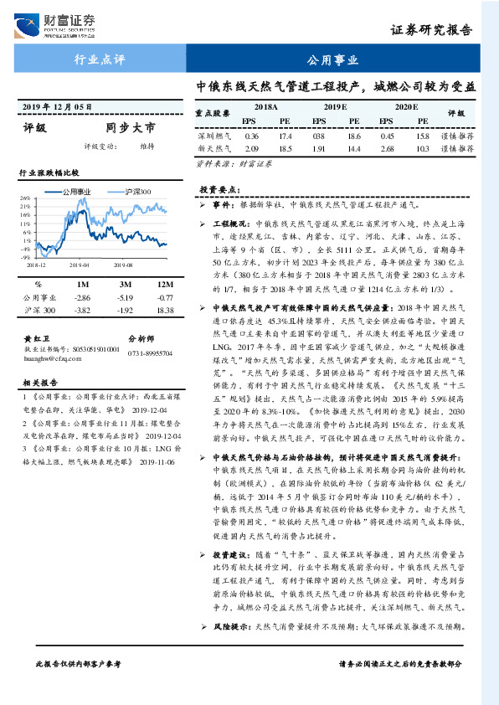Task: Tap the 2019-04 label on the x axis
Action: tap(80, 263)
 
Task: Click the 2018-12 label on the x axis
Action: tap(37, 263)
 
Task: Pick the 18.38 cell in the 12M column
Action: tap(165, 310)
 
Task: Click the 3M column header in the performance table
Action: tap(125, 285)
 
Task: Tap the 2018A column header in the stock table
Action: tap(267, 107)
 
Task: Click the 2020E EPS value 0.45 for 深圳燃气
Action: tap(387, 135)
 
